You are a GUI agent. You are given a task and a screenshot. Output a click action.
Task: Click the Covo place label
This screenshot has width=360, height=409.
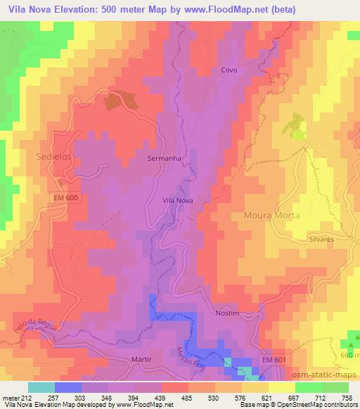(x=229, y=70)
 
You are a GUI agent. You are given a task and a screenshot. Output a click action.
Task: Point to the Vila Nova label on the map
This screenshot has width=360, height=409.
(x=178, y=200)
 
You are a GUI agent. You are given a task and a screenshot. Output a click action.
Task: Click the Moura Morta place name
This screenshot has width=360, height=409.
(x=271, y=215)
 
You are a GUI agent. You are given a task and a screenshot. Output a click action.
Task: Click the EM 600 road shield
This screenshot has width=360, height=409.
(x=66, y=199)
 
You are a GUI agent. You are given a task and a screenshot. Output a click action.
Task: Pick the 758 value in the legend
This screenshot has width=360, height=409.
(x=347, y=398)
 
